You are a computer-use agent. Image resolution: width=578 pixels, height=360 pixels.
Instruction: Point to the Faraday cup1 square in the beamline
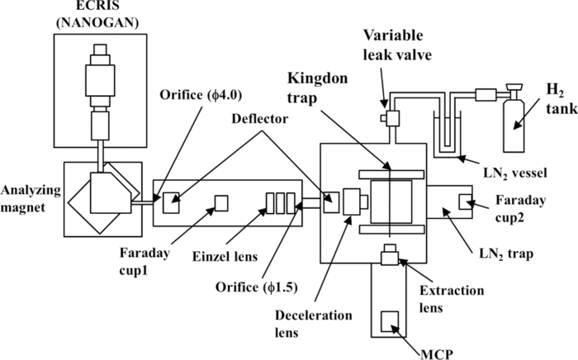(x=220, y=201)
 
